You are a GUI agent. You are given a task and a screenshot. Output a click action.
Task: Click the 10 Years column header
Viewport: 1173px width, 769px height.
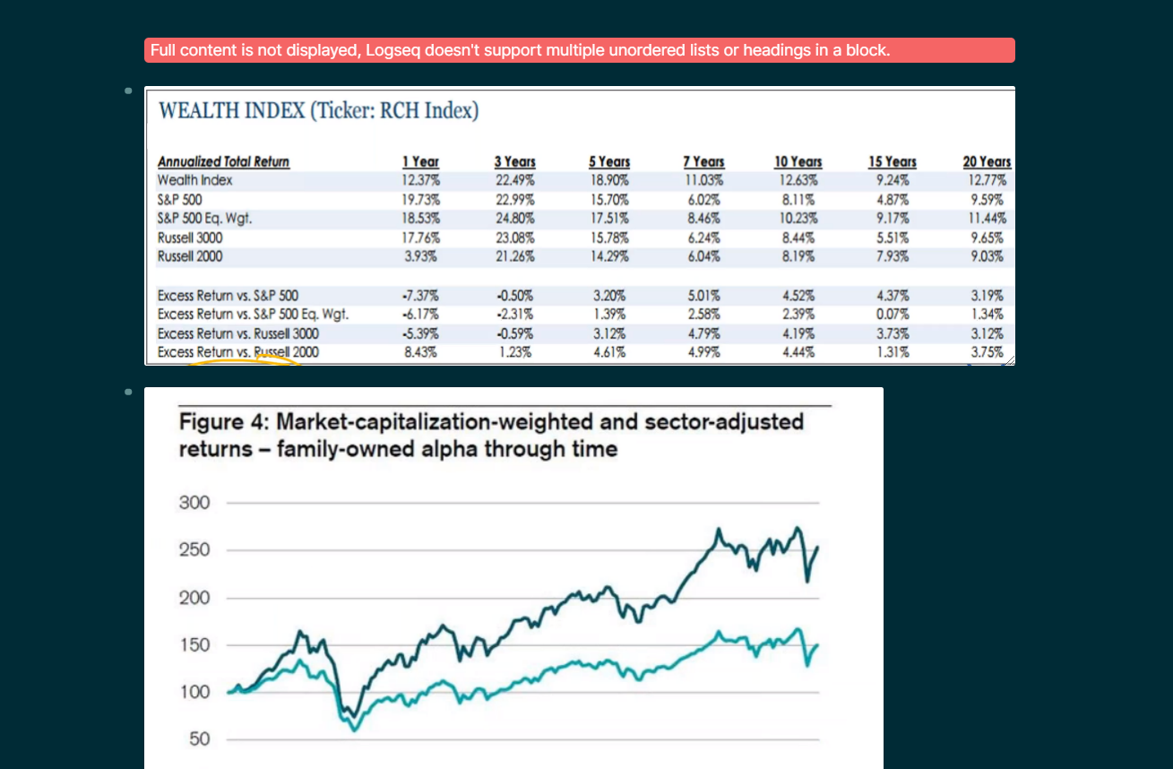tap(798, 162)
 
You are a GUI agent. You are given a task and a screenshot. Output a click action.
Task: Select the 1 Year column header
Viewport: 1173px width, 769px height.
tap(420, 162)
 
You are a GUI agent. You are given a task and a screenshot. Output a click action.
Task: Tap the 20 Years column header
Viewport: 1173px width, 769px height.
tap(987, 162)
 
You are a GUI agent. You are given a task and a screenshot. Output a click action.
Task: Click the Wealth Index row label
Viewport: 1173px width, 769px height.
tap(194, 180)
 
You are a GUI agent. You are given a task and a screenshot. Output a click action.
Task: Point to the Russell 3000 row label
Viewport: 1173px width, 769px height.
tap(190, 238)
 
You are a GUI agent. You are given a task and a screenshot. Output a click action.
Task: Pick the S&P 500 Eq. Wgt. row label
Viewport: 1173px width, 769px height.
tap(204, 219)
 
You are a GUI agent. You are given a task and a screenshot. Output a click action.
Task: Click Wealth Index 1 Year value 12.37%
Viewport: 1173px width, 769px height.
tap(420, 180)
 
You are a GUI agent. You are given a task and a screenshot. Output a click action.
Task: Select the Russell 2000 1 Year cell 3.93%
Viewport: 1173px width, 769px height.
tap(420, 256)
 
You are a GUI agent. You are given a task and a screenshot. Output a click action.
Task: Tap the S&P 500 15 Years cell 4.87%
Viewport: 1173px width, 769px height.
tap(893, 200)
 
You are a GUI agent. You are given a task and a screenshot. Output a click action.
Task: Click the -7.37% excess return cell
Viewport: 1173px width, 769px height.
tap(420, 296)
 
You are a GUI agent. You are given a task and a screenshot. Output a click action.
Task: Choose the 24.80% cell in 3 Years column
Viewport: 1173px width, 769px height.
tap(515, 219)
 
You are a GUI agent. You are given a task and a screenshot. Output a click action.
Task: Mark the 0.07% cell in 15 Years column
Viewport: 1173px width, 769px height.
tap(893, 315)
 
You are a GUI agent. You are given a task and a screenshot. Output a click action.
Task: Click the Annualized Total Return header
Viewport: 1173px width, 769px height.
tap(223, 162)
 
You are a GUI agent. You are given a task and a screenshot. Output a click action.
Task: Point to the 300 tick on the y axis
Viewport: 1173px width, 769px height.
tap(194, 503)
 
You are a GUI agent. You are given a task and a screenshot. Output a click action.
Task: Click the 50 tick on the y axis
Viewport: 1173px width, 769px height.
tap(200, 739)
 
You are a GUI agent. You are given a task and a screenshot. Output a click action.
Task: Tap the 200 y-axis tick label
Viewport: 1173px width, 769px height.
tap(194, 598)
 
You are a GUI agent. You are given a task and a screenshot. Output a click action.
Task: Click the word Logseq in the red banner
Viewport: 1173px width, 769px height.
tap(392, 51)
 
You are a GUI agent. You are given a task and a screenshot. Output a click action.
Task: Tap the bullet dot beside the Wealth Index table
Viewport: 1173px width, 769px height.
tap(128, 91)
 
